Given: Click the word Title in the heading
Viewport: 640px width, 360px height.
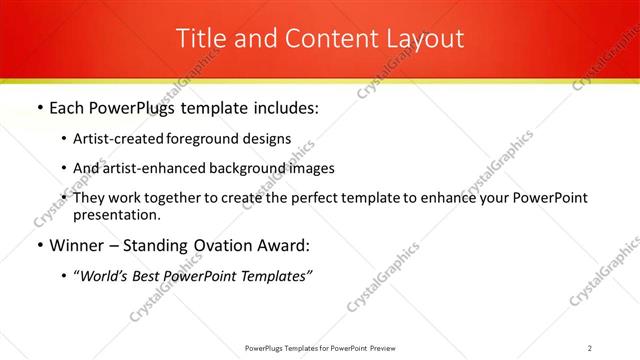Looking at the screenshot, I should click(x=199, y=39).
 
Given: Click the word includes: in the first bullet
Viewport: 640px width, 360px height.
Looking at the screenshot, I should click(x=283, y=107).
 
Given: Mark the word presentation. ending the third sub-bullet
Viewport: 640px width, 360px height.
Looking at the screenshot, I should click(x=116, y=214).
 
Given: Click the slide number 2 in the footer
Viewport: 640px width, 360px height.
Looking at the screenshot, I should click(x=590, y=348).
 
